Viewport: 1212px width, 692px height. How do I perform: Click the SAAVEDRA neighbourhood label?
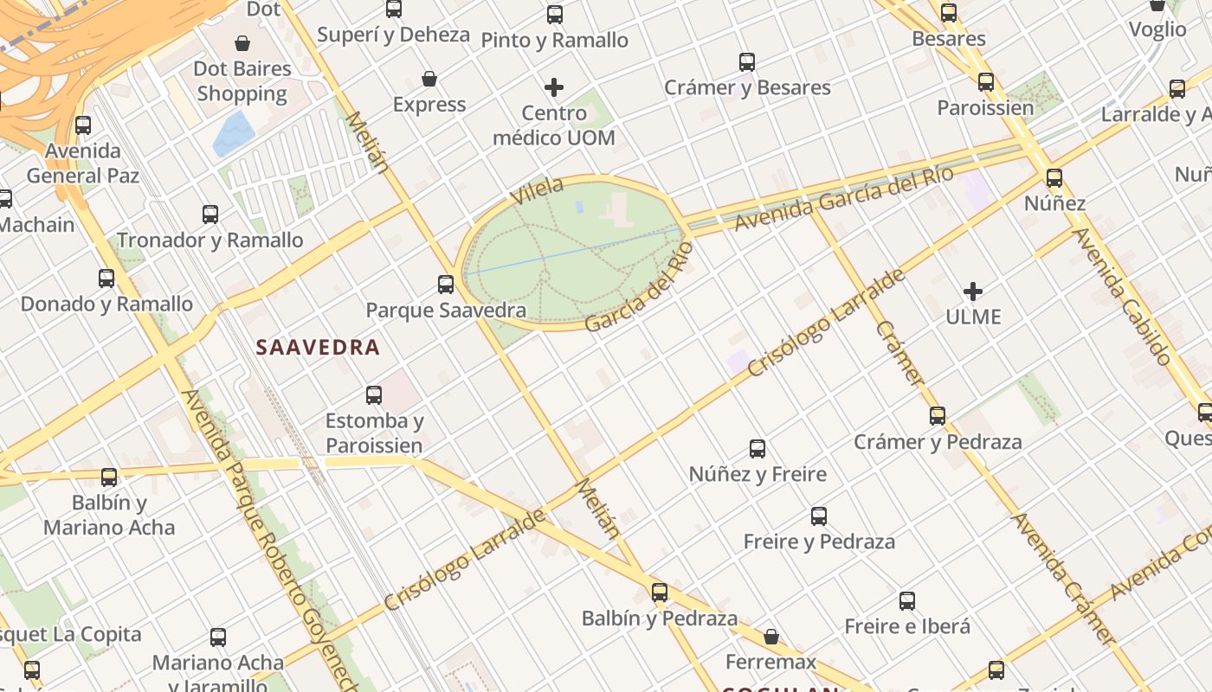pyautogui.click(x=318, y=348)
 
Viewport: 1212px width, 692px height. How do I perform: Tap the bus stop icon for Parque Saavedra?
pyautogui.click(x=446, y=284)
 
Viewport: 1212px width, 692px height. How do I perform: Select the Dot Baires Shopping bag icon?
pyautogui.click(x=242, y=42)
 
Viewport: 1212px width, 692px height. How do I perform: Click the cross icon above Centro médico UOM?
pyautogui.click(x=554, y=87)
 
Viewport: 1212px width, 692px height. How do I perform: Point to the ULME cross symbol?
pyautogui.click(x=973, y=292)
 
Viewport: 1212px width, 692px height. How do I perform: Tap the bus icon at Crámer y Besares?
pyautogui.click(x=747, y=62)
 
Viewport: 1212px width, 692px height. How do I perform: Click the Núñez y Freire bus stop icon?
pyautogui.click(x=757, y=448)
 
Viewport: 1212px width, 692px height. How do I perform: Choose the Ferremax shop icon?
pyautogui.click(x=771, y=637)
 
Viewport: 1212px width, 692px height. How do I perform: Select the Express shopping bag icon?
pyautogui.click(x=429, y=79)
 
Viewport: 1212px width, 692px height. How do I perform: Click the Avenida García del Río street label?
pyautogui.click(x=843, y=198)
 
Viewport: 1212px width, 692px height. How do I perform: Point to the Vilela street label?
pyautogui.click(x=537, y=190)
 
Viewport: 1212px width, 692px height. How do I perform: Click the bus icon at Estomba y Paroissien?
pyautogui.click(x=374, y=395)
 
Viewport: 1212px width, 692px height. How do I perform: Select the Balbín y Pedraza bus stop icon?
pyautogui.click(x=660, y=593)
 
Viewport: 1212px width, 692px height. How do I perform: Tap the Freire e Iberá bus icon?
pyautogui.click(x=907, y=600)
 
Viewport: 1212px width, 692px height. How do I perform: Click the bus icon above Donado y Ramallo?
pyautogui.click(x=106, y=279)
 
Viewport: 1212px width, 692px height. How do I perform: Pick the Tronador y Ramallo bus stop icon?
pyautogui.click(x=210, y=215)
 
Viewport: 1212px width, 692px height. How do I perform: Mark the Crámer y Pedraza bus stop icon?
pyautogui.click(x=938, y=416)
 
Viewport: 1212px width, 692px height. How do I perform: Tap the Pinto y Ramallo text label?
pyautogui.click(x=554, y=40)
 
